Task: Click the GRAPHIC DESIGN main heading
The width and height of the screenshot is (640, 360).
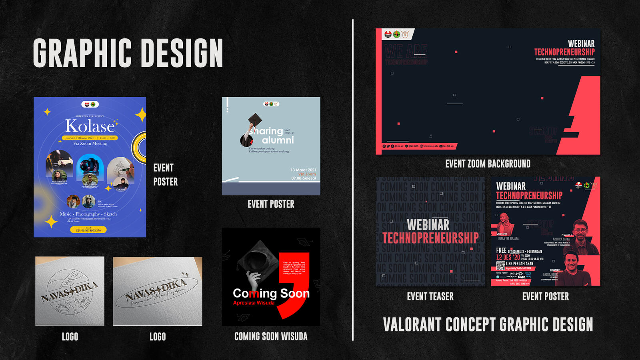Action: pyautogui.click(x=128, y=53)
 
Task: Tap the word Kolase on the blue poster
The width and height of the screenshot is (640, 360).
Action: pyautogui.click(x=90, y=126)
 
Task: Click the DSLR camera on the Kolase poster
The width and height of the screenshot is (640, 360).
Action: pyautogui.click(x=90, y=165)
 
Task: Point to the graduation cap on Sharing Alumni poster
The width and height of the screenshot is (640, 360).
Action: pyautogui.click(x=255, y=119)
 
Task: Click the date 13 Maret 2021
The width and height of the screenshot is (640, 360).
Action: pyautogui.click(x=303, y=170)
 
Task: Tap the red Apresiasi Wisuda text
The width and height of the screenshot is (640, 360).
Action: pyautogui.click(x=254, y=303)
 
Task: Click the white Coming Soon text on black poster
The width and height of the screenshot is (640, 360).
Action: pyautogui.click(x=271, y=293)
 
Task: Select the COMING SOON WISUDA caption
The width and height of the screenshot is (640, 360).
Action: pyautogui.click(x=271, y=336)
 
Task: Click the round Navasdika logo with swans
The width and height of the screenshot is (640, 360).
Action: pyautogui.click(x=70, y=291)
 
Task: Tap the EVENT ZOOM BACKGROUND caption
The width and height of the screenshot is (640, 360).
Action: pyautogui.click(x=488, y=164)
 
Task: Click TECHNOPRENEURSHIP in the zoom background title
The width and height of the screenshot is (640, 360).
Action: pyautogui.click(x=564, y=52)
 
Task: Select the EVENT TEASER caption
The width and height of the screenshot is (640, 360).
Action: pyautogui.click(x=430, y=296)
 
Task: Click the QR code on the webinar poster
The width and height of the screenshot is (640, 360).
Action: pyautogui.click(x=500, y=266)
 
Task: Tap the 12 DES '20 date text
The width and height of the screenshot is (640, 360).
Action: pyautogui.click(x=508, y=257)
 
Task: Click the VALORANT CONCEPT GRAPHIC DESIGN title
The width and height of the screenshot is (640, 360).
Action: pyautogui.click(x=488, y=324)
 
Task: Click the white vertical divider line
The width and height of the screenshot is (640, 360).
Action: pyautogui.click(x=353, y=180)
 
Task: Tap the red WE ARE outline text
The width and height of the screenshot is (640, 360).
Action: pyautogui.click(x=406, y=51)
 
